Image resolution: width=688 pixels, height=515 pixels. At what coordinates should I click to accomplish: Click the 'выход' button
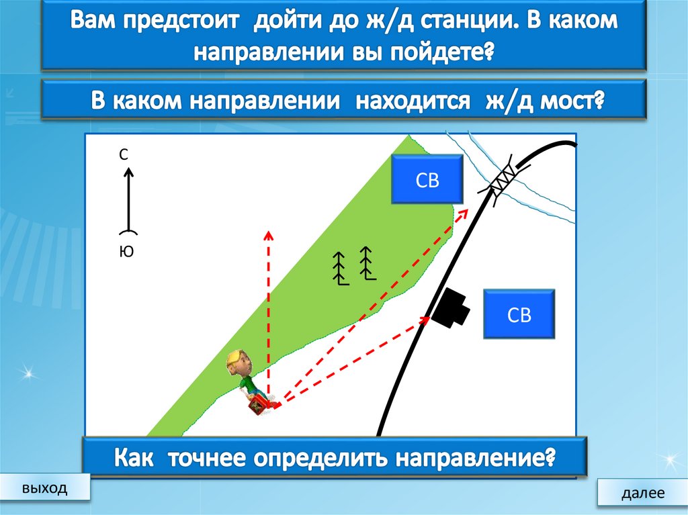(44, 487)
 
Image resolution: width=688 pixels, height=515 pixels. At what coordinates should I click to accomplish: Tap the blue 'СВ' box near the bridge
(427, 179)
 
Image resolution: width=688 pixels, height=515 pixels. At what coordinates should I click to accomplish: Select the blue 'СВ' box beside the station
(519, 314)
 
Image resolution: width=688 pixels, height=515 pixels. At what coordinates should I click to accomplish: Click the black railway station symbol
(451, 308)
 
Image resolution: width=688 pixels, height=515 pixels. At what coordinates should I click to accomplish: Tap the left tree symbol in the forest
(341, 269)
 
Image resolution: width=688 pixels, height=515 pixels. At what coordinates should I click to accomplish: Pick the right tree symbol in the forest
(366, 263)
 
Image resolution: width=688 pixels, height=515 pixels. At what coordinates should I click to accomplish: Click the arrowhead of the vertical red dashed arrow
(268, 234)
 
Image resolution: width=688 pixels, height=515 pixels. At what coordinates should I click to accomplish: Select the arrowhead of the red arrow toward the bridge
(464, 213)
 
